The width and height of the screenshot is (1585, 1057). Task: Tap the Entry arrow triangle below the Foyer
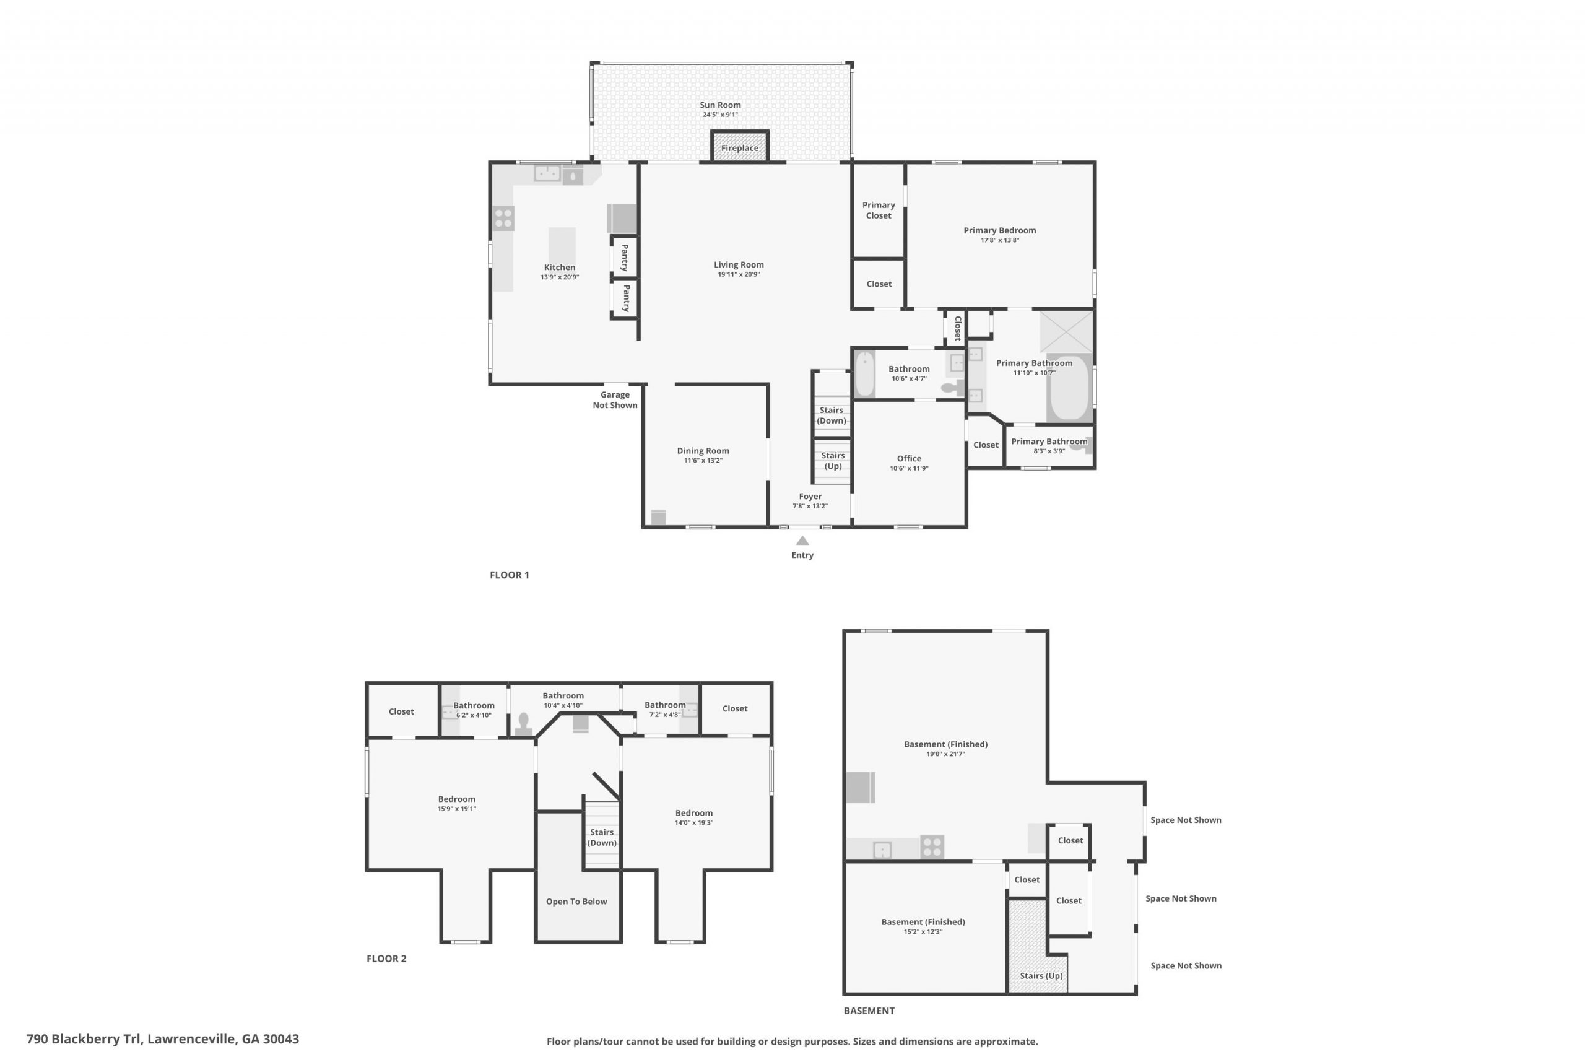802,541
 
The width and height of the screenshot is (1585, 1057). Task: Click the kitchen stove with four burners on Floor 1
503,219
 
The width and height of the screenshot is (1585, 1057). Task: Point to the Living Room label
739,265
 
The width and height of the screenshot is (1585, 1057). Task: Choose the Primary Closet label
879,211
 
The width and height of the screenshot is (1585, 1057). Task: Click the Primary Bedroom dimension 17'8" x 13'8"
999,240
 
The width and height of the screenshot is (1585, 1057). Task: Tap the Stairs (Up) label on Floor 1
833,461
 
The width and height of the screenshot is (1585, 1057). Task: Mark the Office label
909,458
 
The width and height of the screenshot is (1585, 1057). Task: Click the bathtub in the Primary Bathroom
1070,388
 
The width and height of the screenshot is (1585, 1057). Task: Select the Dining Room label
703,451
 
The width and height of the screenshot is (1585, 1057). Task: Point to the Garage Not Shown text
615,400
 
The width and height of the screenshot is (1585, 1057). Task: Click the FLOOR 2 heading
386,959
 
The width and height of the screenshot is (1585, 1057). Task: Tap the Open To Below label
576,902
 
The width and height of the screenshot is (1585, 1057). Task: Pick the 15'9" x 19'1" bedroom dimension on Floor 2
456,809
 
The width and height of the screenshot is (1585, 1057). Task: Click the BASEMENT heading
869,1011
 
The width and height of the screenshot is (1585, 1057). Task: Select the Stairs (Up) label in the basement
1041,975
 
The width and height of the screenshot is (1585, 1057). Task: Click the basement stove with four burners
932,846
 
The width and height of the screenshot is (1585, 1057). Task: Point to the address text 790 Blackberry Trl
84,1039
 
